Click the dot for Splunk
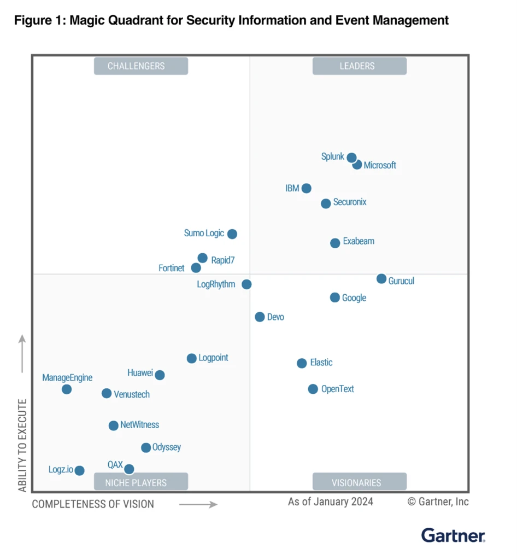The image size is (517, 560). [x=352, y=157]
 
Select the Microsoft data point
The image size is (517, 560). [x=357, y=165]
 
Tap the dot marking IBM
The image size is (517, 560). [x=306, y=188]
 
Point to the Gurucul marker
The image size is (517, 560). [x=381, y=279]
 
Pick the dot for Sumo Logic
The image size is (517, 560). [x=232, y=234]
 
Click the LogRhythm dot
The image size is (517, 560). [x=246, y=284]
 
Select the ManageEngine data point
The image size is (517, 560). [x=67, y=389]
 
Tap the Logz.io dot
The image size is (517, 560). [x=80, y=470]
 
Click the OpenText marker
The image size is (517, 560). [x=313, y=389]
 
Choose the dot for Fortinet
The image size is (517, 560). [x=196, y=268]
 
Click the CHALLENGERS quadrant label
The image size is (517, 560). [x=141, y=66]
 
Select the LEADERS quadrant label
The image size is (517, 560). [x=359, y=66]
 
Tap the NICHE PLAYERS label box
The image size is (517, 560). [x=141, y=482]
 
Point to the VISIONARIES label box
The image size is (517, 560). [x=359, y=482]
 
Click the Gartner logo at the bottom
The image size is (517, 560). [x=453, y=535]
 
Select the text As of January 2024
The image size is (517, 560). [x=331, y=501]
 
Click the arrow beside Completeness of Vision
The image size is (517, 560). [x=198, y=504]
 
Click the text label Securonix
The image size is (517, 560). [x=350, y=202]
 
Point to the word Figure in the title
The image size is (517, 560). [x=33, y=21]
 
